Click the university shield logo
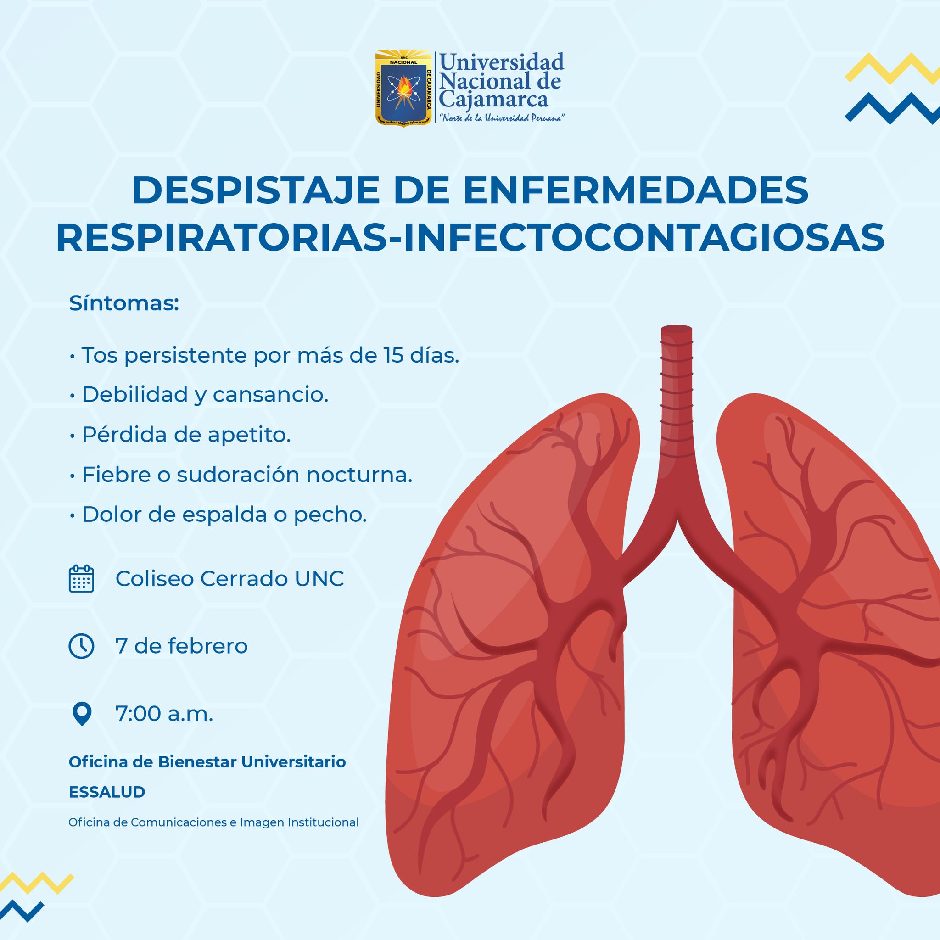pyautogui.click(x=403, y=88)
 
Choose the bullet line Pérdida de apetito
pyautogui.click(x=180, y=435)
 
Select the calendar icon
pyautogui.click(x=81, y=578)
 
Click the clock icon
pyautogui.click(x=81, y=646)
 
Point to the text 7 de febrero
pyautogui.click(x=181, y=646)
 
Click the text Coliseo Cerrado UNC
pyautogui.click(x=229, y=578)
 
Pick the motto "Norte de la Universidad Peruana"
pyautogui.click(x=502, y=119)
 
